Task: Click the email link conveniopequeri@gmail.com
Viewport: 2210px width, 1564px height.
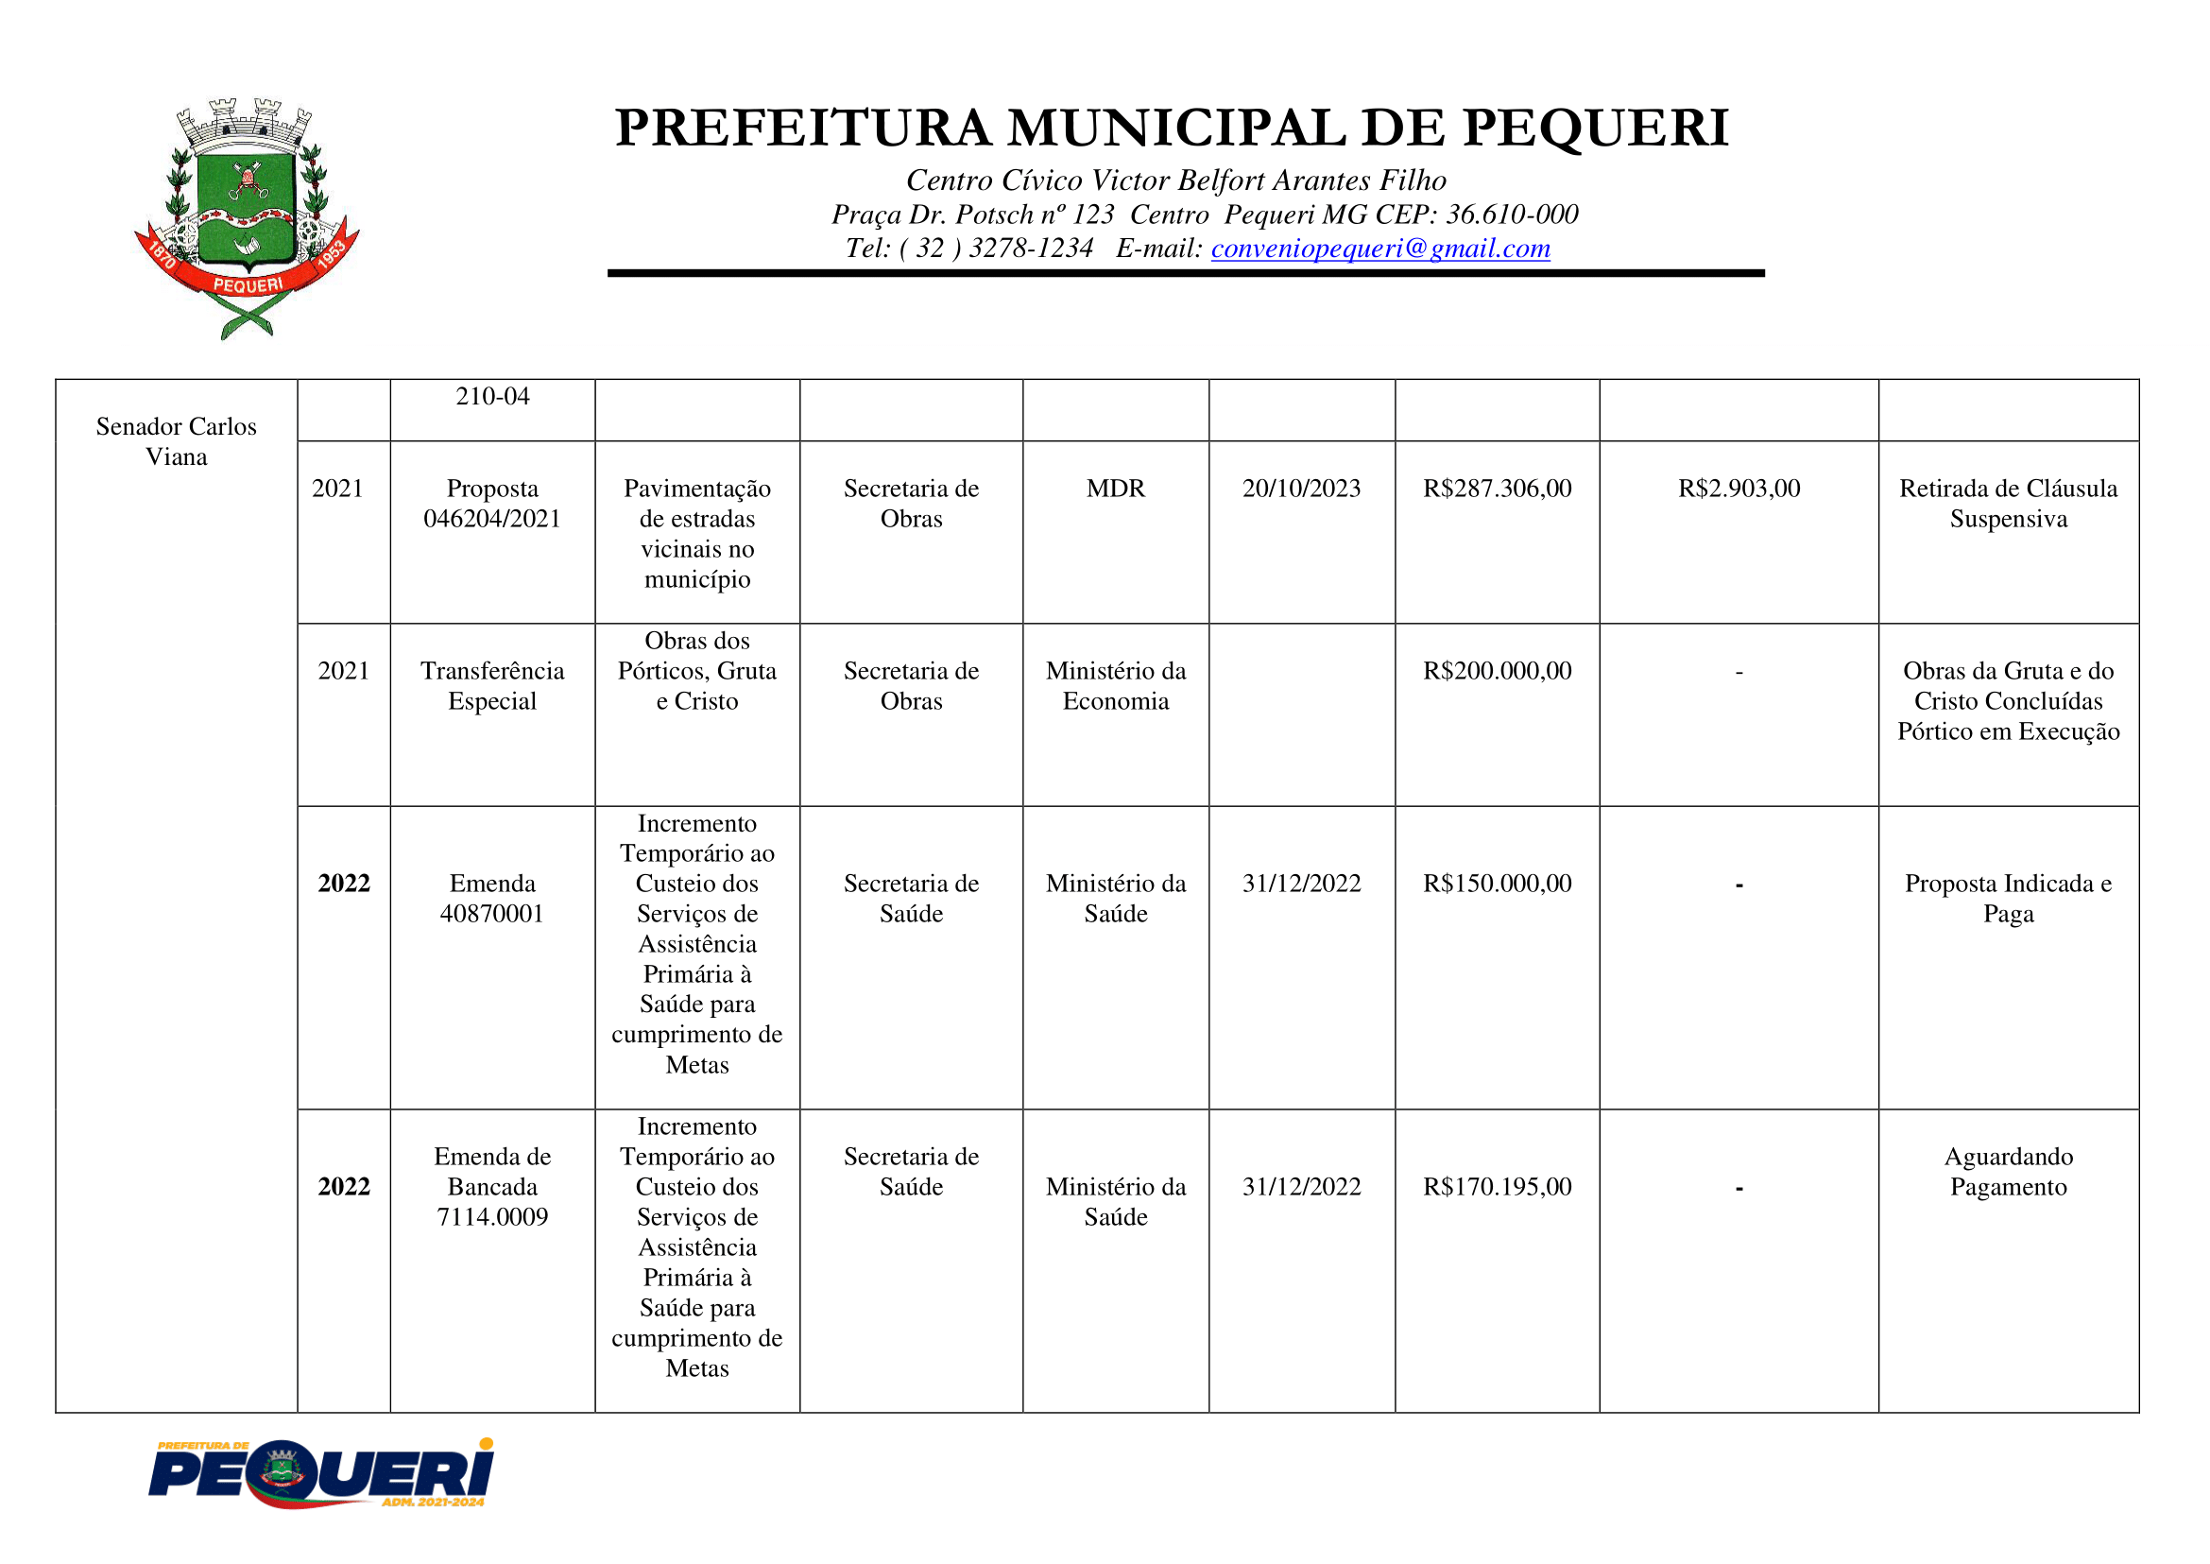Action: [1379, 249]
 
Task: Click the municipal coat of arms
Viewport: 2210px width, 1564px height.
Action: [247, 217]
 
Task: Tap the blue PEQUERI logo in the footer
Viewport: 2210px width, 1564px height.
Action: [321, 1473]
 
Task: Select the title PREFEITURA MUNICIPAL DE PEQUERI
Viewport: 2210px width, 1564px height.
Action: [1172, 129]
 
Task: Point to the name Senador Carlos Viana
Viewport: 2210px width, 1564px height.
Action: [177, 441]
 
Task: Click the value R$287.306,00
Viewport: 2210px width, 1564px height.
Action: [1497, 489]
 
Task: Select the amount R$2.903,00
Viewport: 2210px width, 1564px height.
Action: [1739, 489]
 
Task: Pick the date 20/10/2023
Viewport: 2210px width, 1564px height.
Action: [1301, 489]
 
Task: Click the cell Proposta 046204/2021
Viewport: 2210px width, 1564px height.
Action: [492, 504]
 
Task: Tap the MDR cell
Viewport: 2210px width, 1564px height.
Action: [1115, 489]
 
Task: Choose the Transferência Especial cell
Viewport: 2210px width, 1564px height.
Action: [492, 686]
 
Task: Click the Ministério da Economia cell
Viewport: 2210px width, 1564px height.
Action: [1115, 686]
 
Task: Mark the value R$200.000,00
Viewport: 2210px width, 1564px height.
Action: [1497, 670]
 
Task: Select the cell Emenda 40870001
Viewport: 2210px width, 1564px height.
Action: [492, 899]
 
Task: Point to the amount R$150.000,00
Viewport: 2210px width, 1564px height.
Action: [1497, 884]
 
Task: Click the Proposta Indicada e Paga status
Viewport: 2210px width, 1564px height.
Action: [2008, 899]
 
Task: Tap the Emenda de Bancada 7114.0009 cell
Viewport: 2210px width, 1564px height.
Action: [492, 1187]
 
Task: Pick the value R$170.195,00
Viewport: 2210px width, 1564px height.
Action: [1497, 1187]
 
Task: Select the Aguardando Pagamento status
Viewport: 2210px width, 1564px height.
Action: [2008, 1171]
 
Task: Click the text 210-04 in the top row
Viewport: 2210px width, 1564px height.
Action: [492, 396]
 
